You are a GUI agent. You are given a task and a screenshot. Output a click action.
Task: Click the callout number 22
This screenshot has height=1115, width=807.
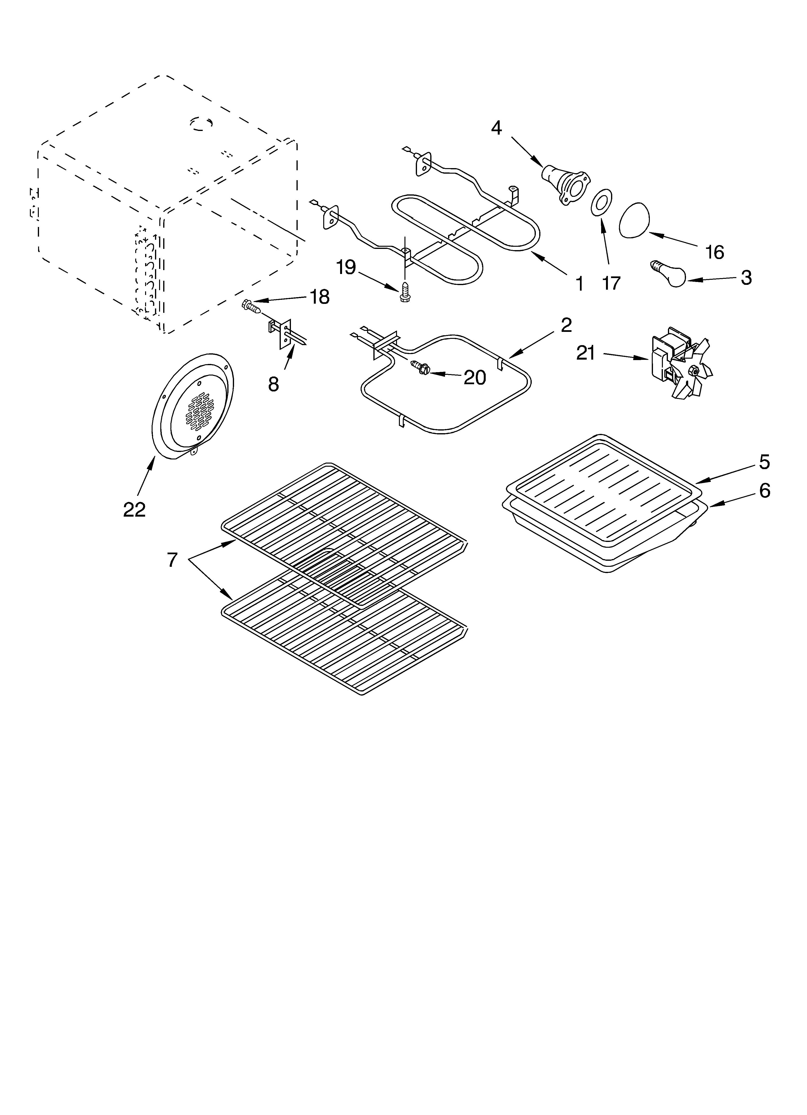pos(134,510)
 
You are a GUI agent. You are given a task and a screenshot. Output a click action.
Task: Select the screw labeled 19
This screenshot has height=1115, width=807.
pos(404,292)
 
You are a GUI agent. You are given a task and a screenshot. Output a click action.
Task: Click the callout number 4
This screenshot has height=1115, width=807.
pos(496,128)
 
